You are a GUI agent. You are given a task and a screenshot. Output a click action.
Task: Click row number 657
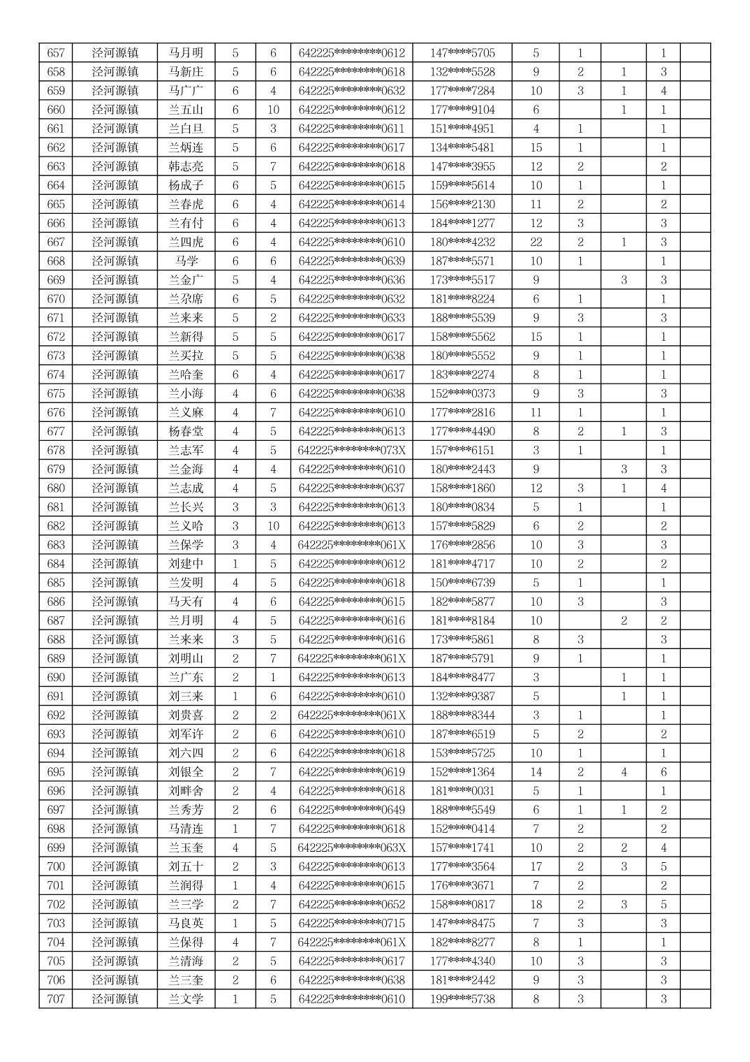click(56, 53)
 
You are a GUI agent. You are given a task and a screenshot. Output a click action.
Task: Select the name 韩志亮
click(186, 166)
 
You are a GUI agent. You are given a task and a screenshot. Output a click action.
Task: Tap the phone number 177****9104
click(462, 110)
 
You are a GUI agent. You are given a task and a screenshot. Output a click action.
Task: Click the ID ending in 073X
click(351, 451)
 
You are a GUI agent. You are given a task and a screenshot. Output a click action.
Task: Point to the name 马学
click(186, 261)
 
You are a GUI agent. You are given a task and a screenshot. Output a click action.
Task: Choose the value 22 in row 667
click(536, 242)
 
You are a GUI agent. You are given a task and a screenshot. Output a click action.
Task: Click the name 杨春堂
click(186, 432)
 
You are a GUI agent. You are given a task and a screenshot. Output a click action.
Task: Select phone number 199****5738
click(462, 999)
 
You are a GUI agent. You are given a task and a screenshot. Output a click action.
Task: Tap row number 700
click(56, 867)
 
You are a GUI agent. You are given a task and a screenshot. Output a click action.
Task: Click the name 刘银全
click(186, 772)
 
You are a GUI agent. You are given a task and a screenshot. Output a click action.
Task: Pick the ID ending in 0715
click(351, 924)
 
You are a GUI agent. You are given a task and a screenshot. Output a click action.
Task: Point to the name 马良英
click(186, 924)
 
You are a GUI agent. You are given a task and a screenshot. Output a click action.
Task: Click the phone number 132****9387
click(462, 697)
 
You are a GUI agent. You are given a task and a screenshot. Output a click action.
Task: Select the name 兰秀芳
click(186, 810)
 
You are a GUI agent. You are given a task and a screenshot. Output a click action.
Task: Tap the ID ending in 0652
click(351, 905)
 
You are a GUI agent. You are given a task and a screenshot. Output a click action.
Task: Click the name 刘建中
click(186, 564)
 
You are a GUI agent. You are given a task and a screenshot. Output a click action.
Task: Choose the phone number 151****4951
click(462, 129)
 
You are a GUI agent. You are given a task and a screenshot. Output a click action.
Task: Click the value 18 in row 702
click(536, 905)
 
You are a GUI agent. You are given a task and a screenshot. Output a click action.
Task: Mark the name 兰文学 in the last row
click(186, 999)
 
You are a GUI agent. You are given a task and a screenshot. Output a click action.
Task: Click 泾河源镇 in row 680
click(115, 488)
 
